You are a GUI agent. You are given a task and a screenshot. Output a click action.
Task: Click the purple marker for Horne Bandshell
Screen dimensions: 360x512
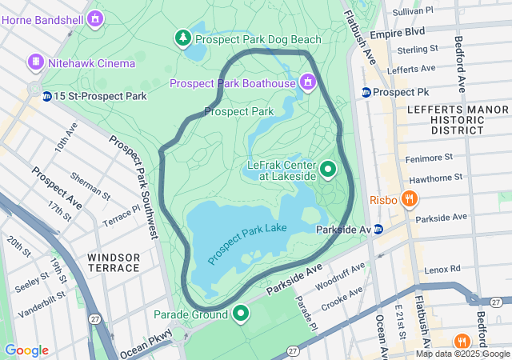(x=96, y=17)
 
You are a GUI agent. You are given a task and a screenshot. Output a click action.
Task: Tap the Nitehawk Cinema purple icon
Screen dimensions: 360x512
(x=35, y=62)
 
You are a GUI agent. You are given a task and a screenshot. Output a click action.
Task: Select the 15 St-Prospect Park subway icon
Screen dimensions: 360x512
(x=47, y=97)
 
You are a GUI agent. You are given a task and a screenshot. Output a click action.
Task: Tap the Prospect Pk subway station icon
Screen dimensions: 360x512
(x=366, y=93)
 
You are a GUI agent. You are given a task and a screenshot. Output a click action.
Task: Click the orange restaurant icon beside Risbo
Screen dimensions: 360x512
(x=409, y=198)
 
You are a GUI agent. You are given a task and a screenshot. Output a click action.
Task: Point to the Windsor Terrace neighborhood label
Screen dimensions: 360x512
(x=114, y=262)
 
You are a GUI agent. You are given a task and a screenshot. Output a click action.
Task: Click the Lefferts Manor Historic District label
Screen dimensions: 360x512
(x=446, y=119)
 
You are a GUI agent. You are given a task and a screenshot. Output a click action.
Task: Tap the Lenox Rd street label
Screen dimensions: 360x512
(x=443, y=270)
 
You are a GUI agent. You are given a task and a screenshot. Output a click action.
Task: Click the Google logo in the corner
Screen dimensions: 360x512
(x=26, y=350)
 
